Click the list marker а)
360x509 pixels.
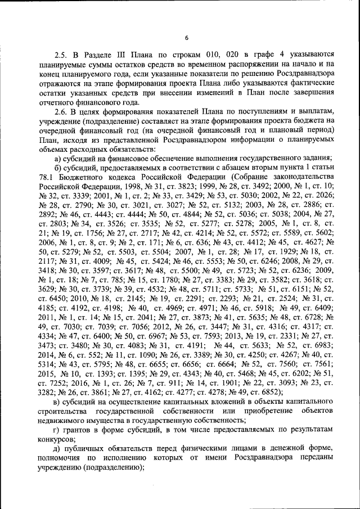tap(58, 157)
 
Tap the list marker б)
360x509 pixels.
tap(58, 166)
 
